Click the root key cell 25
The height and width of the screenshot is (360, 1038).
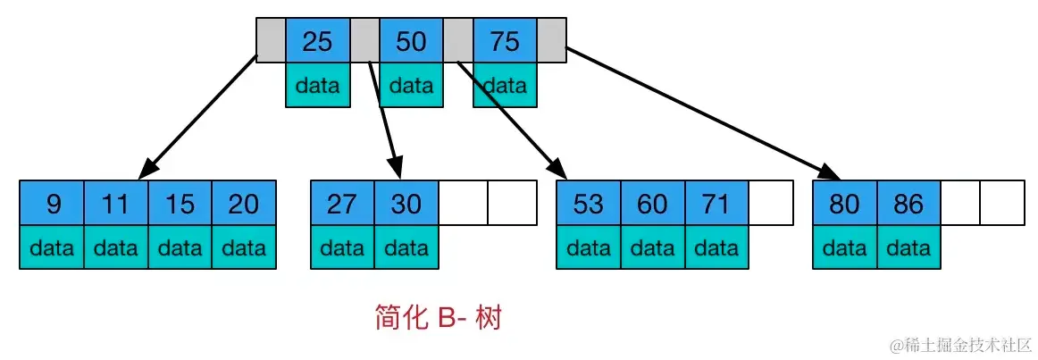coord(318,41)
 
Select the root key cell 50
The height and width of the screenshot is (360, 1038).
coord(411,41)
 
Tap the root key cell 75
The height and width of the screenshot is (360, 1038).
coord(505,41)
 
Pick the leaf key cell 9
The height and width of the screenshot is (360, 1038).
coord(53,203)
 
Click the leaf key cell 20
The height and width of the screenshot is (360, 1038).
coord(244,203)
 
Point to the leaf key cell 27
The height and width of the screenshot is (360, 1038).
coord(343,203)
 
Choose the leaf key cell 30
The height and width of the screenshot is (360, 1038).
coord(406,203)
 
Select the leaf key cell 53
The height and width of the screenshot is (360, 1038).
coord(589,203)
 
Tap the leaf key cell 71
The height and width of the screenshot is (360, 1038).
coord(717,203)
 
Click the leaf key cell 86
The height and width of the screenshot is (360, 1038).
coord(908,203)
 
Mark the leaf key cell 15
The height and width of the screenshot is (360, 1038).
coord(180,203)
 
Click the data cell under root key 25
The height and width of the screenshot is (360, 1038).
coord(318,86)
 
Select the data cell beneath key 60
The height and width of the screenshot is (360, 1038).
coord(653,247)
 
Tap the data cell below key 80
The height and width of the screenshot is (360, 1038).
coord(845,247)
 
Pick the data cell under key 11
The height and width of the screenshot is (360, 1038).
coord(116,247)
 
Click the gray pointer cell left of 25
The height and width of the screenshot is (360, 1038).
coord(271,41)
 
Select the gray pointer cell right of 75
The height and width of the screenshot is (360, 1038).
coord(552,41)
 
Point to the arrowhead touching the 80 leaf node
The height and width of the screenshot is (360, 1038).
coord(830,172)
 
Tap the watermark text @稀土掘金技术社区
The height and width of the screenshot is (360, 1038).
coord(961,345)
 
